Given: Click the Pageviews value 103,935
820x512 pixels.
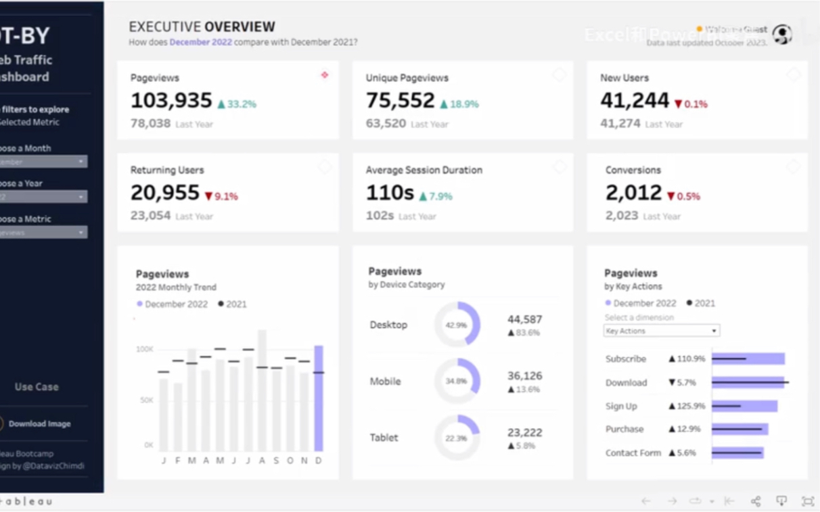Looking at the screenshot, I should point(171,101).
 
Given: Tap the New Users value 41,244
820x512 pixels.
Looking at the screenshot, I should point(635,101).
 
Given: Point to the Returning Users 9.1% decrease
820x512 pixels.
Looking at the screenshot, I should point(221,197).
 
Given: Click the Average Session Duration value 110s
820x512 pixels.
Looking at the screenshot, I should point(390,193).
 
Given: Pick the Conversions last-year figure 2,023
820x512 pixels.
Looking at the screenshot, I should point(622,216).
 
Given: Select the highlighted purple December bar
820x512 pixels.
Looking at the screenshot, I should point(319,398).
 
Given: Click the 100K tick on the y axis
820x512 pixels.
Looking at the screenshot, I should point(145,350).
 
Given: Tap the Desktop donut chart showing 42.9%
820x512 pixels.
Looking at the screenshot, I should point(457,325).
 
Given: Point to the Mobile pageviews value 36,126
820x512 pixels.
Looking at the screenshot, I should point(524,376).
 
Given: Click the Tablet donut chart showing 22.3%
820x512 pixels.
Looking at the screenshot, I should point(457,438).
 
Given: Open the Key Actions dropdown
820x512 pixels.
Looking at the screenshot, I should point(661,331).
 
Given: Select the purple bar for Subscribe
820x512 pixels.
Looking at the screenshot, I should point(748,358).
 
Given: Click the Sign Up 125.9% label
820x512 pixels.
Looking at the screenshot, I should point(687,406).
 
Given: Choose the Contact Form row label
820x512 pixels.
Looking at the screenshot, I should point(633,453).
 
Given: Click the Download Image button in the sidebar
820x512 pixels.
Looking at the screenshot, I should point(39,424).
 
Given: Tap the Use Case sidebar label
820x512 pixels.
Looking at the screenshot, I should point(37,387).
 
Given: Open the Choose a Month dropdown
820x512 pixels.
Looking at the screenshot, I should point(43,162).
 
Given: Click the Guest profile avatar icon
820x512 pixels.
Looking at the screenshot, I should point(783,34).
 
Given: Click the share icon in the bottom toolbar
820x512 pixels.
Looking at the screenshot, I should point(756,501).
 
